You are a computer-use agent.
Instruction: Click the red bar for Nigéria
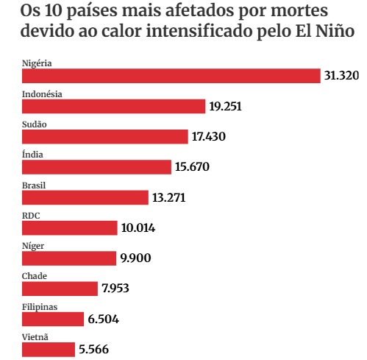(x=171, y=76)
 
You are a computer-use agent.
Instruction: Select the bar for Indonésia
(x=113, y=106)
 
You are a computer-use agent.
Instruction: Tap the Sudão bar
(x=105, y=137)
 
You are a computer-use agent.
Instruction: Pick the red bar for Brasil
(x=85, y=197)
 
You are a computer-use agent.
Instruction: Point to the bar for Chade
(x=60, y=289)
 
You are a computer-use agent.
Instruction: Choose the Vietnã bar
(x=49, y=350)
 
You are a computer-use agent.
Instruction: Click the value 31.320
(x=341, y=75)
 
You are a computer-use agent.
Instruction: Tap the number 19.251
(x=225, y=106)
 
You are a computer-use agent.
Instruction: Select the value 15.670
(x=192, y=166)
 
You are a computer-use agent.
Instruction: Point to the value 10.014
(x=138, y=227)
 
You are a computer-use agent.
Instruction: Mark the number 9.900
(x=135, y=258)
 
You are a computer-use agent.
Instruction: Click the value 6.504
(x=103, y=319)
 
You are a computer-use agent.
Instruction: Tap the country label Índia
(x=32, y=155)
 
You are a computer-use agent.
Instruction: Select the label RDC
(x=31, y=216)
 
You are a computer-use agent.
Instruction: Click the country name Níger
(x=33, y=246)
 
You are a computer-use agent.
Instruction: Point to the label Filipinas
(x=40, y=307)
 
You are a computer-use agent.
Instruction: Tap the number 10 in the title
(x=53, y=10)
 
